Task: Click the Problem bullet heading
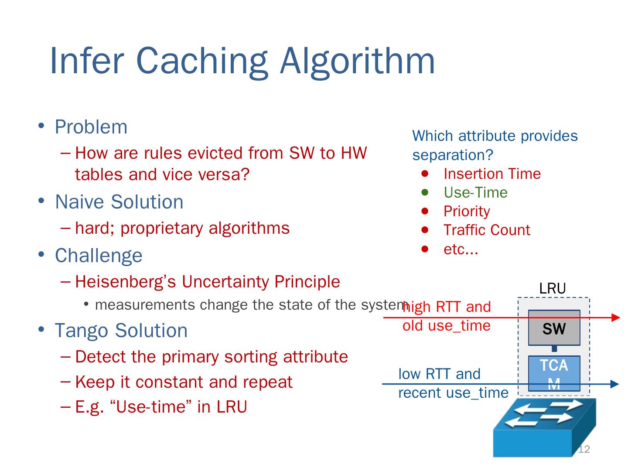coord(91,127)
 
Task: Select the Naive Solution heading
coord(119,202)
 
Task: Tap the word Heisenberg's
coord(126,282)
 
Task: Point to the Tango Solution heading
coord(121,330)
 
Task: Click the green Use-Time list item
coord(475,192)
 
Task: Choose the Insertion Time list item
coord(492,174)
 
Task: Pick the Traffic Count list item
coord(487,230)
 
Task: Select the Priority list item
coord(467,211)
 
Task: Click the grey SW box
coord(554,328)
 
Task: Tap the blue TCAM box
coord(554,373)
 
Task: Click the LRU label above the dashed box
coord(553,288)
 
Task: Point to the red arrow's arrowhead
coord(616,317)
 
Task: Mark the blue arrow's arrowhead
coord(615,384)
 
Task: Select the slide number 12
coord(584,450)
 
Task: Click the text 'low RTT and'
coord(439,374)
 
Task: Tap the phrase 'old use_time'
coord(446,325)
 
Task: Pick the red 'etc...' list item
coord(461,249)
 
